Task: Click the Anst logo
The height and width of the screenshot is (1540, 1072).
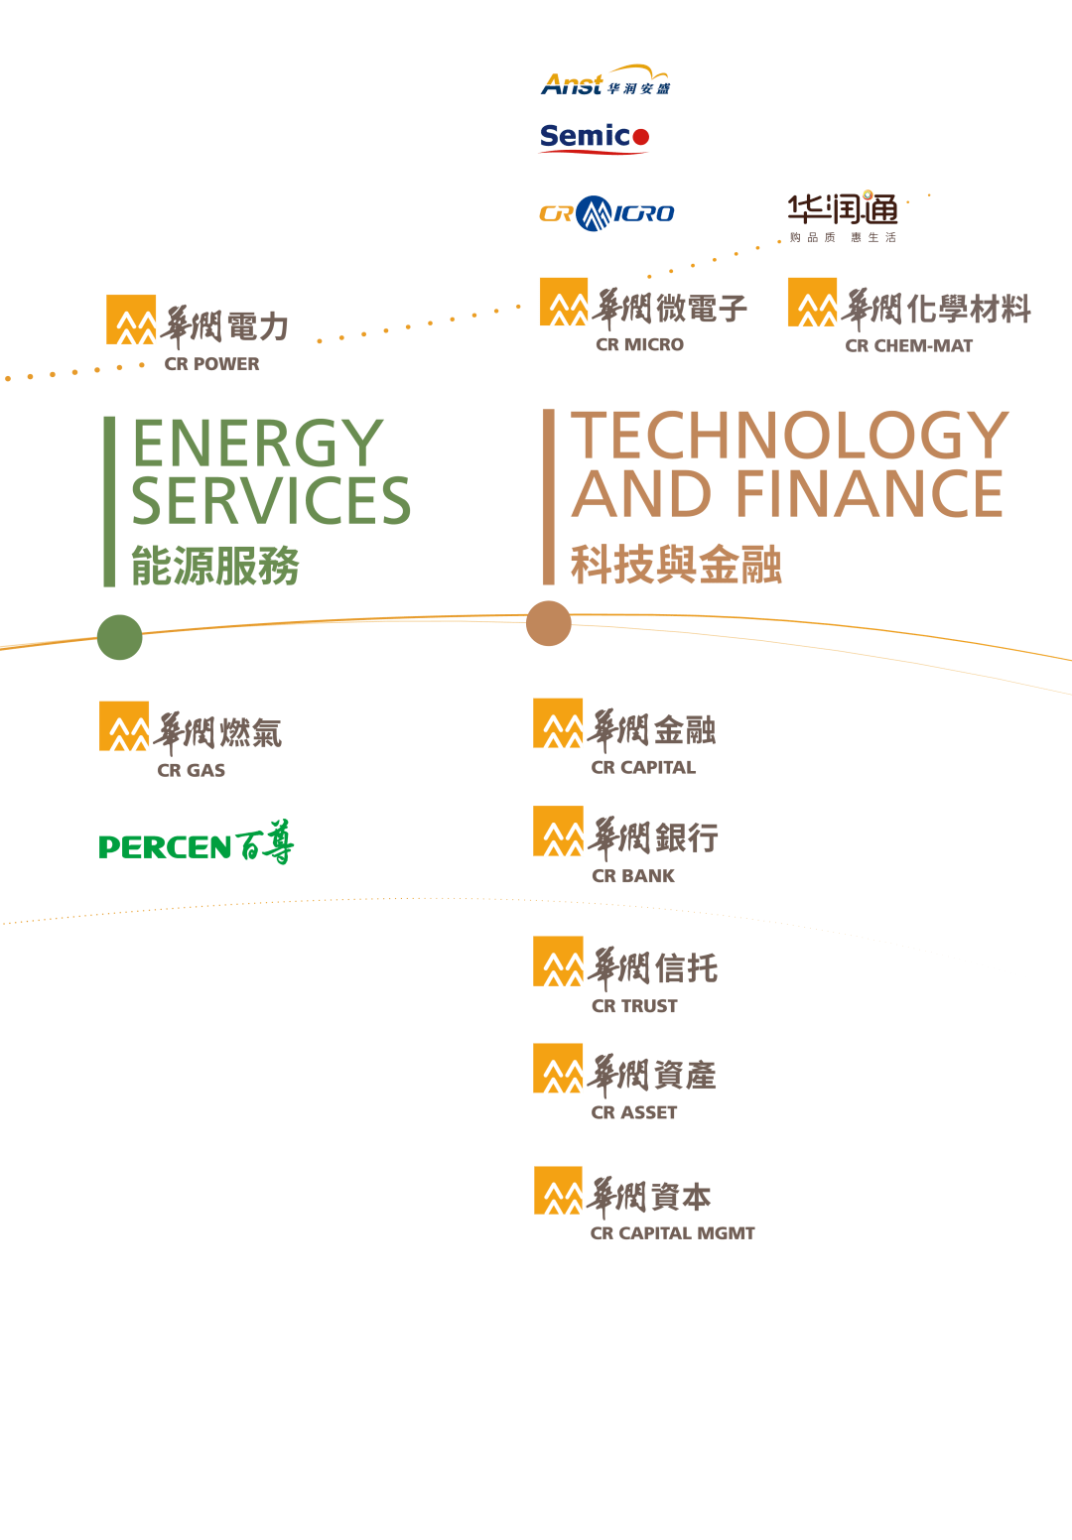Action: tap(604, 82)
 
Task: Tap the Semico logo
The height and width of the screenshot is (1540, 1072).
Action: tap(594, 137)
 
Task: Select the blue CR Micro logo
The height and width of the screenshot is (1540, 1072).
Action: tap(606, 213)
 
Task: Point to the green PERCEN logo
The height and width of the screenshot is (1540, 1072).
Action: tap(197, 844)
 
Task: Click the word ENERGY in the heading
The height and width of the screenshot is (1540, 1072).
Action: tap(257, 443)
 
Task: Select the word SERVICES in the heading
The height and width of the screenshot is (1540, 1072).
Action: tap(271, 501)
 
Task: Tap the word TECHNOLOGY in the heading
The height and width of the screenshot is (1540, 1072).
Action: tap(790, 436)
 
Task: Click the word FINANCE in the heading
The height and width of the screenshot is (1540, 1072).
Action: tap(869, 494)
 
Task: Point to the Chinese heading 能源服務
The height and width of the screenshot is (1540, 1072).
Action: tap(215, 567)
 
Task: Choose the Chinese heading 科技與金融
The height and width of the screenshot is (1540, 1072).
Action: tap(676, 566)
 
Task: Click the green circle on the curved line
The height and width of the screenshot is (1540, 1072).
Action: tap(120, 637)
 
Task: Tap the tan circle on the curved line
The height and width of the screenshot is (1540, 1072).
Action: tap(549, 623)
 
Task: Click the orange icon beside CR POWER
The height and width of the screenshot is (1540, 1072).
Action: tap(131, 320)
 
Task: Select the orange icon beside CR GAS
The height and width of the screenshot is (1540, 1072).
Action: tap(124, 726)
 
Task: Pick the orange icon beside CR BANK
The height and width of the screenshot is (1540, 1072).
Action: tap(558, 832)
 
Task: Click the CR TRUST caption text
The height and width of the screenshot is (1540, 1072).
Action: tap(634, 1006)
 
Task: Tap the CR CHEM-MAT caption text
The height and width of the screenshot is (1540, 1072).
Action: tap(909, 346)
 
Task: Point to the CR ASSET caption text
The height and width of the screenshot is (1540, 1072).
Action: tap(634, 1112)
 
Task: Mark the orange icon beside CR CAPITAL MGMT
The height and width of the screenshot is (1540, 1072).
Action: tap(558, 1191)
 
